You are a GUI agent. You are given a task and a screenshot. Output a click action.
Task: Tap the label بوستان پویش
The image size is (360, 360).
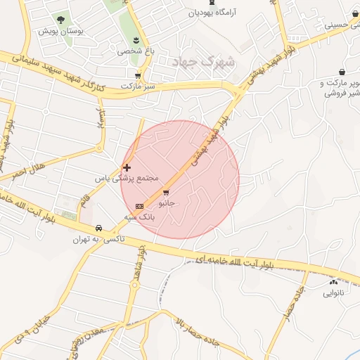click(x=57, y=32)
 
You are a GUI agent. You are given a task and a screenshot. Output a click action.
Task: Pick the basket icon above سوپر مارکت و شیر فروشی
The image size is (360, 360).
click(x=342, y=72)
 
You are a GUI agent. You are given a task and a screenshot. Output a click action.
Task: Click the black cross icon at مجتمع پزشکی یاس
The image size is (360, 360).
click(x=127, y=167)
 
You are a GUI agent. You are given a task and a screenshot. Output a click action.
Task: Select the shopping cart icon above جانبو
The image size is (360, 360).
click(x=167, y=191)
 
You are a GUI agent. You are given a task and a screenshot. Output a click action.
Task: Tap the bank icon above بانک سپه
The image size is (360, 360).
click(x=139, y=206)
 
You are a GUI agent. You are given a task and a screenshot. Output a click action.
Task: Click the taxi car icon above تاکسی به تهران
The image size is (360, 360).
click(x=99, y=228)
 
